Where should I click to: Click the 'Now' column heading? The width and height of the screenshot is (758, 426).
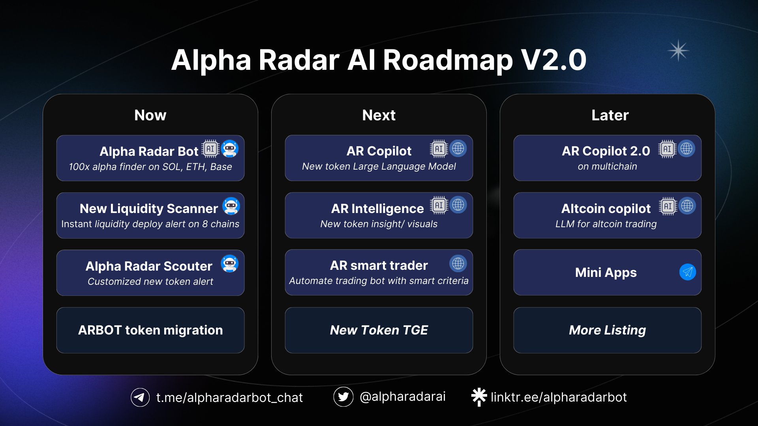pyautogui.click(x=150, y=115)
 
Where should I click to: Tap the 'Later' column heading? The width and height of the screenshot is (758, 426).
pyautogui.click(x=610, y=115)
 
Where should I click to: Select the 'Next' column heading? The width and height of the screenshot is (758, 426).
pyautogui.click(x=379, y=115)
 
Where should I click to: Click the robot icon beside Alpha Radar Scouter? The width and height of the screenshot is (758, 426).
pyautogui.click(x=230, y=263)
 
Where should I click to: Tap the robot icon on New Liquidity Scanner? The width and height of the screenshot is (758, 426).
pyautogui.click(x=231, y=206)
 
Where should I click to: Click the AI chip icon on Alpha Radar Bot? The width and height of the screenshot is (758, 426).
pyautogui.click(x=210, y=149)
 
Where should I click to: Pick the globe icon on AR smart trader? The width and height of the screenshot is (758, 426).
pyautogui.click(x=458, y=263)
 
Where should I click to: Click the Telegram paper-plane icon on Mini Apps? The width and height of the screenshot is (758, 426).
pyautogui.click(x=687, y=272)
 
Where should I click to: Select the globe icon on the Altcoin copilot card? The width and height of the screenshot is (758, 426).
pyautogui.click(x=687, y=206)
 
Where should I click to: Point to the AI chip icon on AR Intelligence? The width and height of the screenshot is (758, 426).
pyautogui.click(x=439, y=205)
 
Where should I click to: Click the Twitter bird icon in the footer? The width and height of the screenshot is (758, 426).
pyautogui.click(x=343, y=397)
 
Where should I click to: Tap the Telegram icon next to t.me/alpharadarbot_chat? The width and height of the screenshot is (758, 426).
pyautogui.click(x=140, y=397)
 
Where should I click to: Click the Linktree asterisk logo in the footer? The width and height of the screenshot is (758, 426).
pyautogui.click(x=479, y=396)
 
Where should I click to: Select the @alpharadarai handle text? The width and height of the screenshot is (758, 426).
pyautogui.click(x=402, y=396)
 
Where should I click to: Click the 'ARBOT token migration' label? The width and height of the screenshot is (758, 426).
pyautogui.click(x=150, y=330)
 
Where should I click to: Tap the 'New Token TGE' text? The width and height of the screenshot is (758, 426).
pyautogui.click(x=379, y=330)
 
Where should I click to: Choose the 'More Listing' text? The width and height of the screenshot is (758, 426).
pyautogui.click(x=607, y=330)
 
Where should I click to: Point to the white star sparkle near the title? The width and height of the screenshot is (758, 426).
pyautogui.click(x=678, y=51)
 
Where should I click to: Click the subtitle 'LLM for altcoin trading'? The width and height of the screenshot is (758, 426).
pyautogui.click(x=606, y=224)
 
